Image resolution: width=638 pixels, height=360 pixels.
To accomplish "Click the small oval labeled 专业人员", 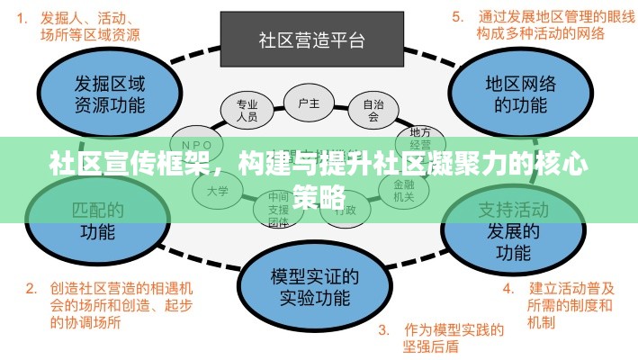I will click(247, 109).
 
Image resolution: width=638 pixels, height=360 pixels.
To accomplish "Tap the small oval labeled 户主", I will click(309, 103).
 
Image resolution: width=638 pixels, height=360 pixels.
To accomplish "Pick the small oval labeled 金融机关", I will click(397, 188).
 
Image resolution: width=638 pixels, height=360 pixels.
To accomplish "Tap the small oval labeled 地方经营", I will click(419, 139).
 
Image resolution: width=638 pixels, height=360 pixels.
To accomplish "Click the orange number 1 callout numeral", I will click(21, 16).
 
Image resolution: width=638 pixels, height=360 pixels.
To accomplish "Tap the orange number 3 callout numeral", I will click(382, 329).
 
